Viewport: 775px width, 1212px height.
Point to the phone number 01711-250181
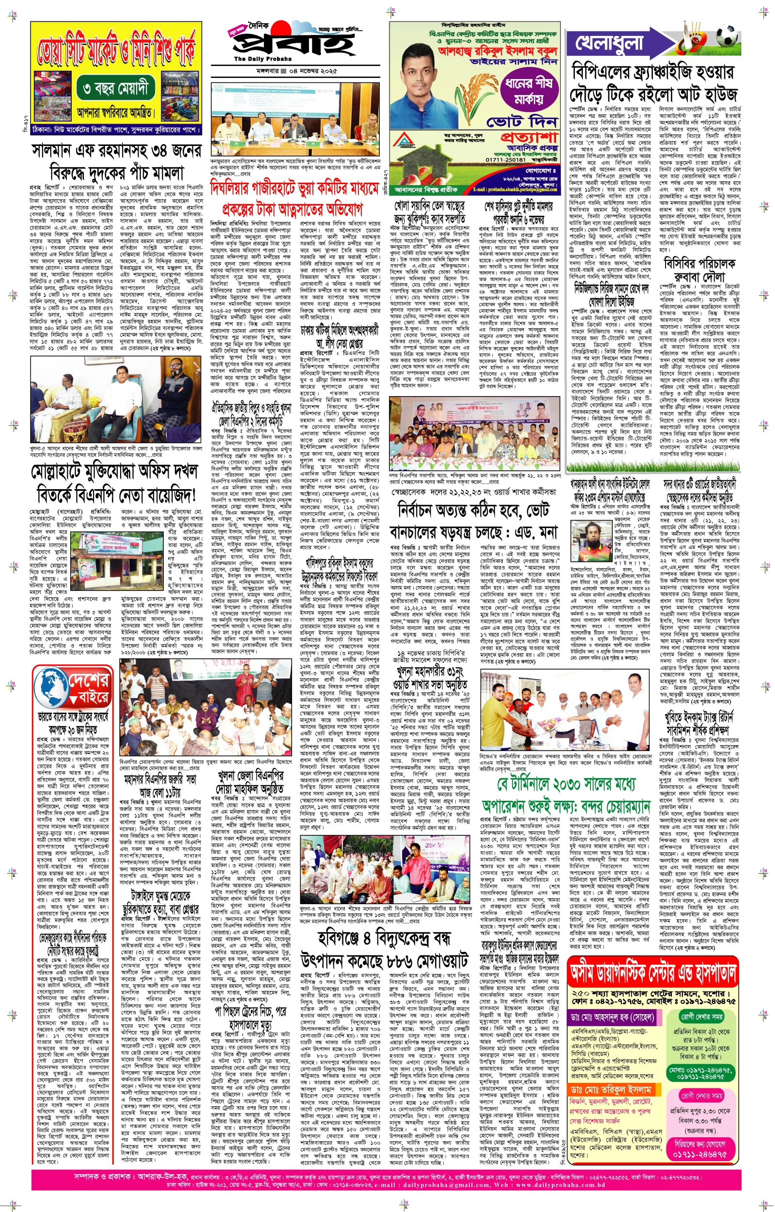click(x=506, y=159)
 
